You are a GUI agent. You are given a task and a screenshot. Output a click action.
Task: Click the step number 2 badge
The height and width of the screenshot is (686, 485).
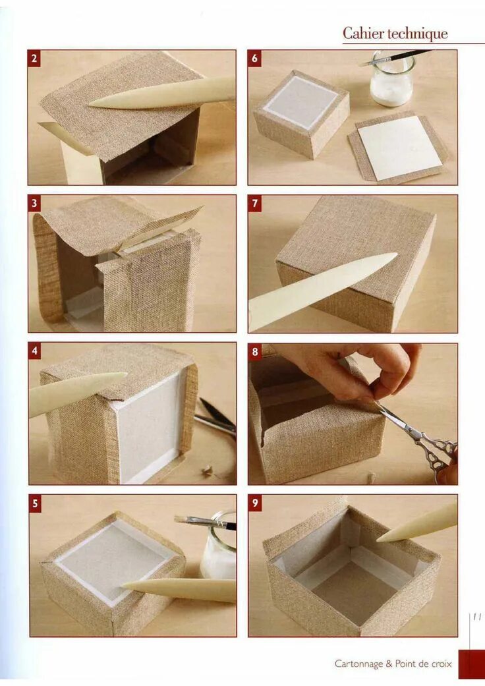point(34,59)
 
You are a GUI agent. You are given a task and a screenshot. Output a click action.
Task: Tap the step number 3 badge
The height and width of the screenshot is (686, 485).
point(34,204)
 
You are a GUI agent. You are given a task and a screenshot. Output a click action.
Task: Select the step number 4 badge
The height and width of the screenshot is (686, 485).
point(35,351)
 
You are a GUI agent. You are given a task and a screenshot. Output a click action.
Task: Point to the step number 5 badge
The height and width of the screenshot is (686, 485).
point(36,503)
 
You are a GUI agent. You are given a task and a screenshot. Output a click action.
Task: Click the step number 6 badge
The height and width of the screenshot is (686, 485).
point(254,59)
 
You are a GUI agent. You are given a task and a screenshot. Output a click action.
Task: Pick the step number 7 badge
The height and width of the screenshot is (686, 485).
point(254,204)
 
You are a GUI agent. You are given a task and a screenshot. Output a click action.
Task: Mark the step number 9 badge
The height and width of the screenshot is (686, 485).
point(255,503)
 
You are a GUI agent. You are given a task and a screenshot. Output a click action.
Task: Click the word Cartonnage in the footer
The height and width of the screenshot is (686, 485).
point(358,664)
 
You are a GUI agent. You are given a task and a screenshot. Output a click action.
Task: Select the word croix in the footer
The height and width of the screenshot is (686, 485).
point(442,664)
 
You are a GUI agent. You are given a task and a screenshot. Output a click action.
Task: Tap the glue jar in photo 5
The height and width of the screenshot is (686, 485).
point(219,547)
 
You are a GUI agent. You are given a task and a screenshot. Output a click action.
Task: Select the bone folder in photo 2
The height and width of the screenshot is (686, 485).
point(162,93)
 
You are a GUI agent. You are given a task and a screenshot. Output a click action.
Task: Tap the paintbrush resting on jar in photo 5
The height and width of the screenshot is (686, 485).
point(206,522)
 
